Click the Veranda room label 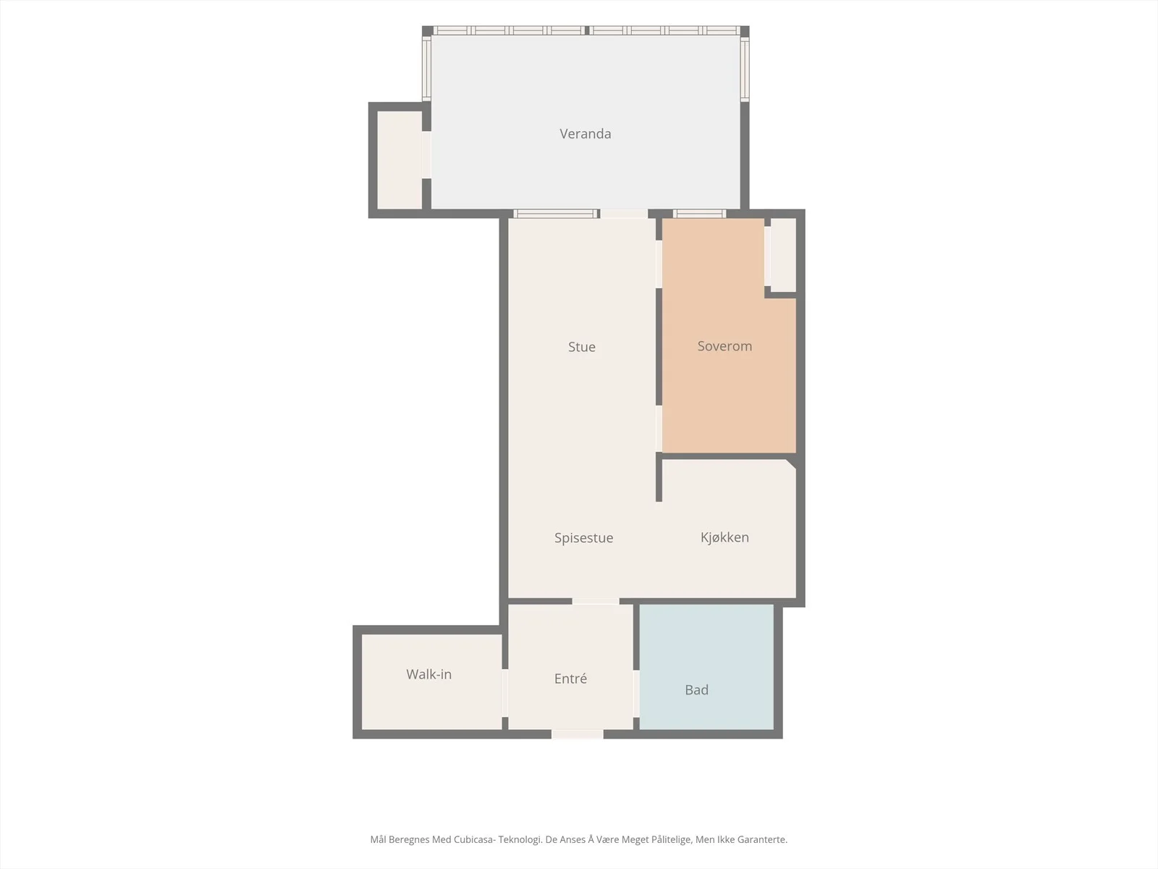585,133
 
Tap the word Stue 581,347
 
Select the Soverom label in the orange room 724,346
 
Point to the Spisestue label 583,537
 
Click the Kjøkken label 724,537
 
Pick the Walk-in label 428,673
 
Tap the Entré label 570,679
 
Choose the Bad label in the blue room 696,689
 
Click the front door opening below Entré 577,734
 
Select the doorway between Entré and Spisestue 596,602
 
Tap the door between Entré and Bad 636,694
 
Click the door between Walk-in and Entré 505,693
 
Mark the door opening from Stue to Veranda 624,214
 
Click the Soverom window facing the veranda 700,214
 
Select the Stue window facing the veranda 556,214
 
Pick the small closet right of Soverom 783,254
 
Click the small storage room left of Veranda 400,160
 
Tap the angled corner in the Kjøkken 791,463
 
